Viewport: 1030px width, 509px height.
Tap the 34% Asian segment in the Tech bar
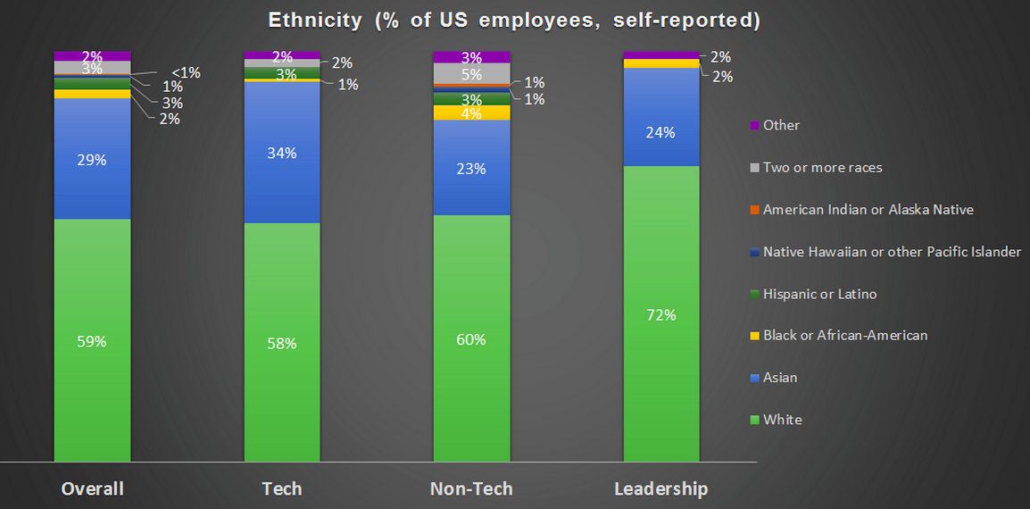tap(282, 152)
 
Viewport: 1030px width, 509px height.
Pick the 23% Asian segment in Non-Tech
tap(471, 167)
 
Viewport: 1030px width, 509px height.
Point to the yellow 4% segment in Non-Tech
tap(471, 113)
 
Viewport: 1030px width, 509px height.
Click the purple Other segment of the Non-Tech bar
tap(471, 57)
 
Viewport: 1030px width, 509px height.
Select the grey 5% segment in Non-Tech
tap(471, 73)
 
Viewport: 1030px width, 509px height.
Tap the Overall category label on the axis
tap(92, 489)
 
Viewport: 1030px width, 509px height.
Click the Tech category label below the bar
tap(282, 489)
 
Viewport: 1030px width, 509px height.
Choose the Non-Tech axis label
tap(471, 489)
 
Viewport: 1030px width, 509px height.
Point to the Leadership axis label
tap(661, 489)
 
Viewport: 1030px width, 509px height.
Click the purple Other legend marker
tap(754, 126)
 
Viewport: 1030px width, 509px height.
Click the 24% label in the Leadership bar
tap(661, 133)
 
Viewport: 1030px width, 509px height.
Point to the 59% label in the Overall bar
tap(92, 341)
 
